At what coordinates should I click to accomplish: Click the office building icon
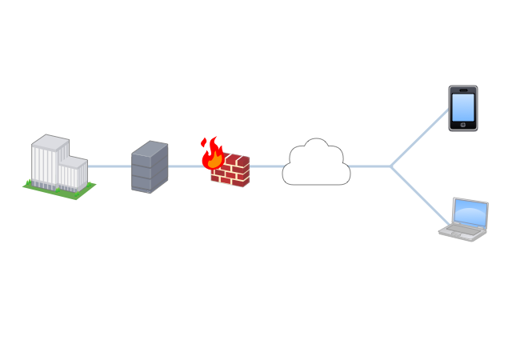click(58, 165)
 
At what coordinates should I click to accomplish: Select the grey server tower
click(150, 166)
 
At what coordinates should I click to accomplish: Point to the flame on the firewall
click(213, 154)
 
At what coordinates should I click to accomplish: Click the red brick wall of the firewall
click(233, 170)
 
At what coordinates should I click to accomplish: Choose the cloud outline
click(317, 165)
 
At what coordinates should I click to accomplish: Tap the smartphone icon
click(462, 108)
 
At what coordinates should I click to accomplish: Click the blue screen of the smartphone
click(462, 108)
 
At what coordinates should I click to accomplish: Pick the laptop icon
click(465, 220)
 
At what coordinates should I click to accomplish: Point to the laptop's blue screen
click(470, 213)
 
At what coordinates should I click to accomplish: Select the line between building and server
click(109, 166)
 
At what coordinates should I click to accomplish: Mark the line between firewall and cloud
click(266, 166)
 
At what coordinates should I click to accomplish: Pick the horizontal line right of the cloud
click(370, 166)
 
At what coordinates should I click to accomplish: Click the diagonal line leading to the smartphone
click(420, 138)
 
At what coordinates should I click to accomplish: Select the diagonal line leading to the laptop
click(420, 195)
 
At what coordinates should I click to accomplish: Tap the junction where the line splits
click(390, 166)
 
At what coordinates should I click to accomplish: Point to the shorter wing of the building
click(74, 173)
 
